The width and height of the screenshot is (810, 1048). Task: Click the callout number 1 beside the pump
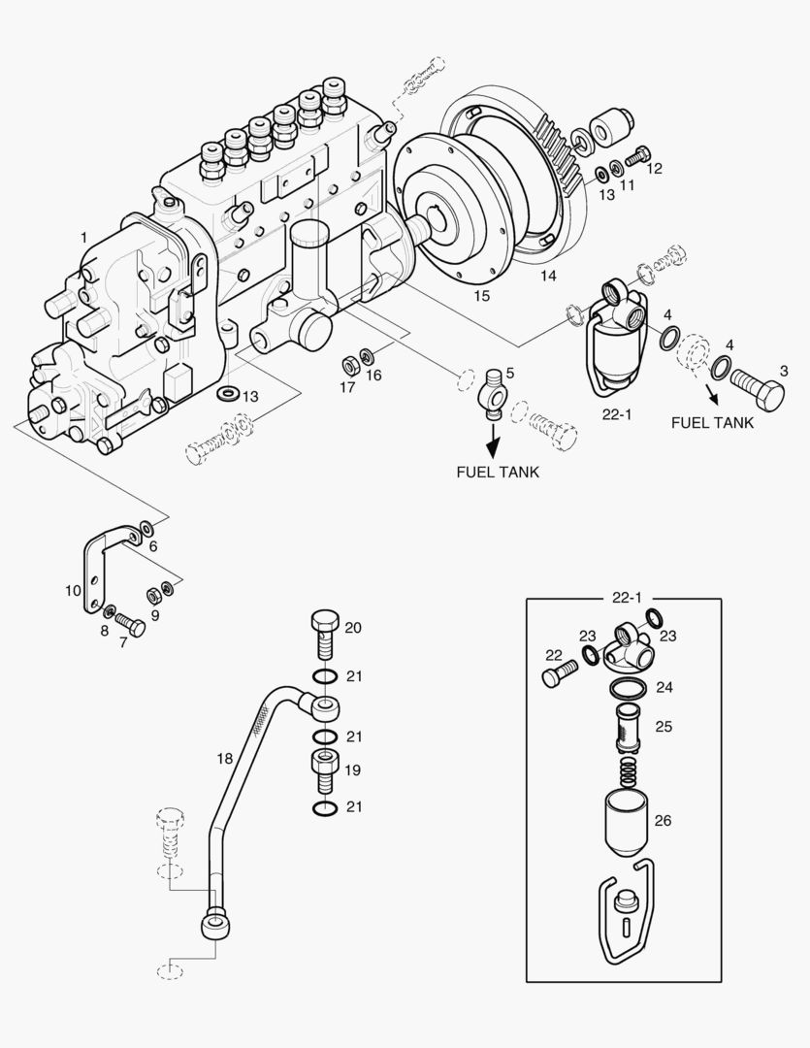83,238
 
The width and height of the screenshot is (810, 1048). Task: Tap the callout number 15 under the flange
482,293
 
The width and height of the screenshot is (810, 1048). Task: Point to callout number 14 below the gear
549,277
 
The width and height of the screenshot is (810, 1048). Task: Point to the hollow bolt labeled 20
326,633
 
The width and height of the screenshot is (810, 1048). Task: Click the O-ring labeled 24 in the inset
630,689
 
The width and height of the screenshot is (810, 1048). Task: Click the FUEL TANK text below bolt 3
712,423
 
